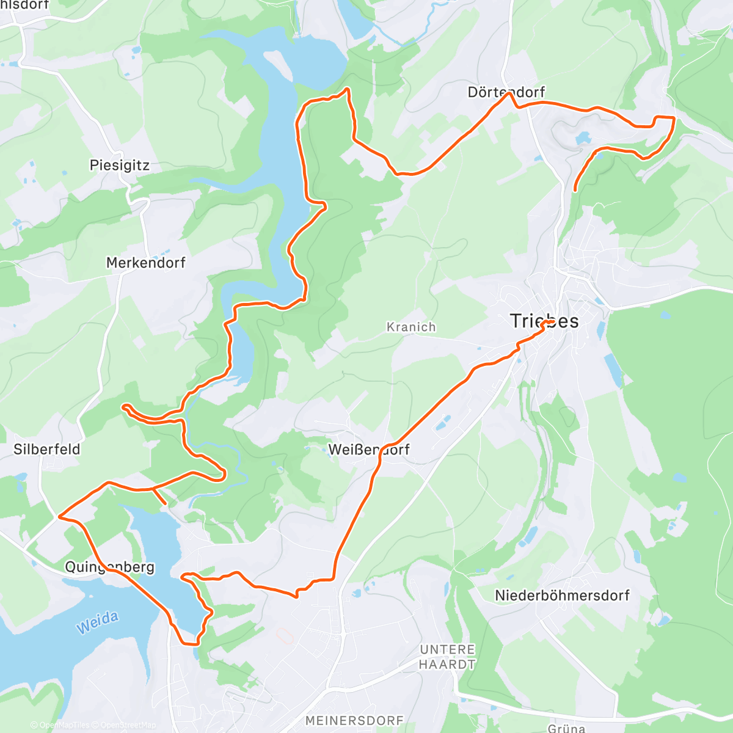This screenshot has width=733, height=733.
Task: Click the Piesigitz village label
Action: click(119, 166)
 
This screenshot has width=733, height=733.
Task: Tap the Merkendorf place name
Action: click(145, 263)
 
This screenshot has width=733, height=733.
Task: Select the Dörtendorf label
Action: click(506, 92)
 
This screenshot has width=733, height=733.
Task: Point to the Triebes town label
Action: click(544, 321)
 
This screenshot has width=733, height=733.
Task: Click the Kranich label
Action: click(411, 327)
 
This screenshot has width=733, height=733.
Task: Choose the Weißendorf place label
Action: click(369, 450)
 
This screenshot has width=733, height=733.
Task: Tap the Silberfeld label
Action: click(47, 450)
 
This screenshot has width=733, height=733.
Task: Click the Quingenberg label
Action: click(110, 567)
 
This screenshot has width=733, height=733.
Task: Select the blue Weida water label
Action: click(98, 622)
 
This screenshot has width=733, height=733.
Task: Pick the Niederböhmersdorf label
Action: click(561, 596)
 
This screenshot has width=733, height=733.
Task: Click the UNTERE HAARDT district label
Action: click(447, 657)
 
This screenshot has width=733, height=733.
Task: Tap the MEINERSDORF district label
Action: click(354, 721)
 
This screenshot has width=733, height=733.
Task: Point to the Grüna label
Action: click(566, 728)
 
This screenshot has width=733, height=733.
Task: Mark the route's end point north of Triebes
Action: click(575, 191)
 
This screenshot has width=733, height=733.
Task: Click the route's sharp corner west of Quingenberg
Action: click(59, 517)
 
